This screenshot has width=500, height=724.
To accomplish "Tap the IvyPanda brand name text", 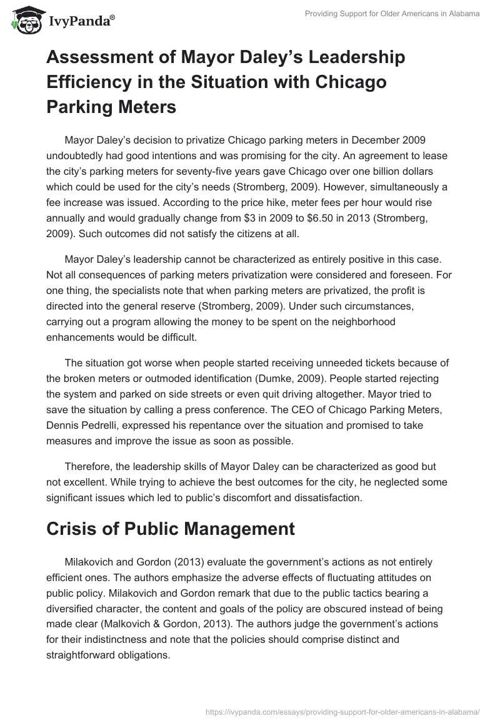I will [80, 21].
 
